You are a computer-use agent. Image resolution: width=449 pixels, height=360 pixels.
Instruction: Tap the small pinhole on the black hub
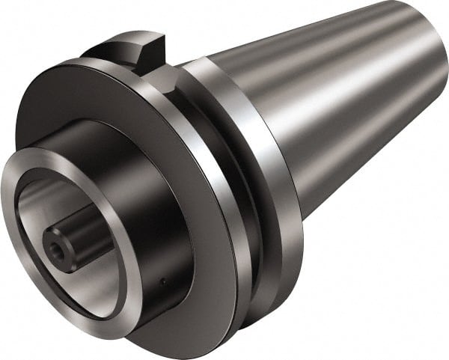[x=163, y=281]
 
